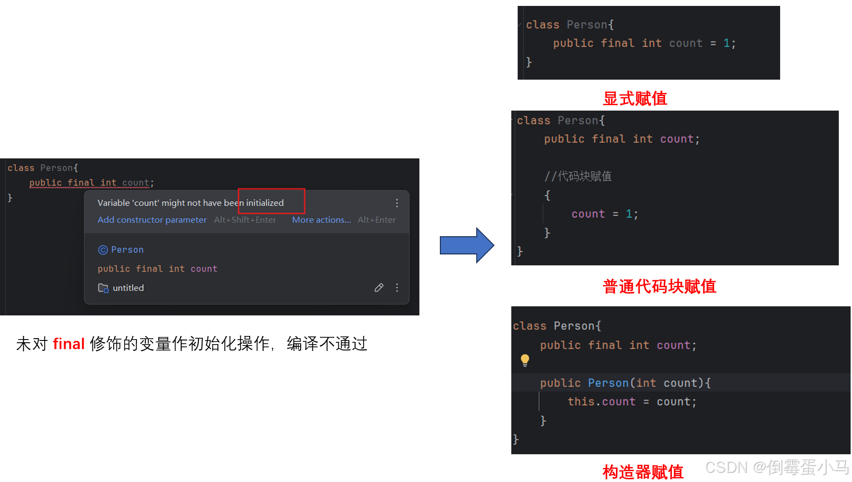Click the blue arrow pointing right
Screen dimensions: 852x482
click(x=466, y=245)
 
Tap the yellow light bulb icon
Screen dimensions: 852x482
click(x=525, y=360)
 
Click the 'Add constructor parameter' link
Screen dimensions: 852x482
click(x=152, y=220)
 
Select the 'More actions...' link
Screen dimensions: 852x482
click(x=321, y=220)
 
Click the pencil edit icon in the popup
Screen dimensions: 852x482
click(x=379, y=288)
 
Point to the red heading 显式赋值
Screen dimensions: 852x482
click(x=635, y=98)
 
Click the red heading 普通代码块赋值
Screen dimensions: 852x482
click(x=659, y=286)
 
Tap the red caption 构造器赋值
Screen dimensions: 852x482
click(x=643, y=472)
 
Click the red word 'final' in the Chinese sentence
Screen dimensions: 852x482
click(x=69, y=344)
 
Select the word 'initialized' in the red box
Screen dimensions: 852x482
click(x=265, y=203)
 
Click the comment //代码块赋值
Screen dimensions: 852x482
click(x=578, y=176)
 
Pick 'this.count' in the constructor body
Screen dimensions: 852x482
click(x=601, y=401)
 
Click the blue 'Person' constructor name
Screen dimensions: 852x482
click(x=608, y=383)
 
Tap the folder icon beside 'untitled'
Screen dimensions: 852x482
click(x=103, y=288)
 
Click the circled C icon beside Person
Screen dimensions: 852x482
click(x=103, y=250)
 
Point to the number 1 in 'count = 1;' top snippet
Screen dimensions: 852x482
click(x=726, y=43)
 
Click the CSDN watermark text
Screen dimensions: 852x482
click(x=776, y=467)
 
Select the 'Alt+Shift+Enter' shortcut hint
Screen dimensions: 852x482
click(x=245, y=220)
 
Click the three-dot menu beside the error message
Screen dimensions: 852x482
click(x=397, y=203)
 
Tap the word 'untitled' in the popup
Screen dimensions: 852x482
click(x=128, y=288)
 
